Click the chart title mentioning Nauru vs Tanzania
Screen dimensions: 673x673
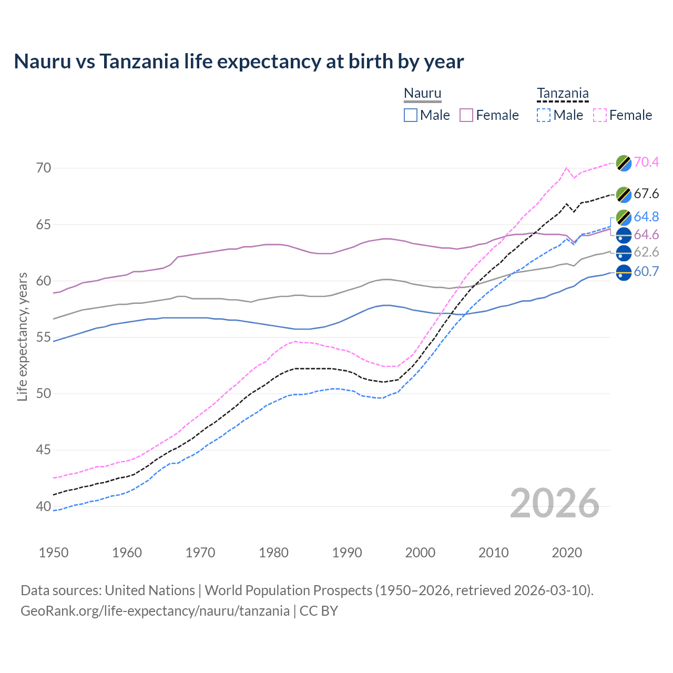239,62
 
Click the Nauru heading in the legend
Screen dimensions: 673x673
422,93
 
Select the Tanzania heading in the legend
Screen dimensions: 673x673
563,93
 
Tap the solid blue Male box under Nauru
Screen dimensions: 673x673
411,115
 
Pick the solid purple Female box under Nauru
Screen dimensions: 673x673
466,115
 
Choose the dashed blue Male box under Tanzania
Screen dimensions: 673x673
544,115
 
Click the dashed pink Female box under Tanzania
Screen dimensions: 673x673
600,115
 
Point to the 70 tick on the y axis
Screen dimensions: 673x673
44,168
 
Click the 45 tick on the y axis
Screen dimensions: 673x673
44,450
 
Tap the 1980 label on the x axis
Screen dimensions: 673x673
273,553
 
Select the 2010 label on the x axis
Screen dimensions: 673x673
493,553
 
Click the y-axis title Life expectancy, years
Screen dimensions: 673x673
22,336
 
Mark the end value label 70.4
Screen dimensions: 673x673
646,162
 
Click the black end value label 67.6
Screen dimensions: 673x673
646,193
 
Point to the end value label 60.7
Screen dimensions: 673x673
646,271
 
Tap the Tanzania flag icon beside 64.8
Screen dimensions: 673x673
624,217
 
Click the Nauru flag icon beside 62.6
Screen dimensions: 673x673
624,253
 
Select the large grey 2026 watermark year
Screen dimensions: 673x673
555,503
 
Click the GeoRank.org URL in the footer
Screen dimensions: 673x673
155,610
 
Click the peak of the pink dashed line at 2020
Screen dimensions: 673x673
566,168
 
